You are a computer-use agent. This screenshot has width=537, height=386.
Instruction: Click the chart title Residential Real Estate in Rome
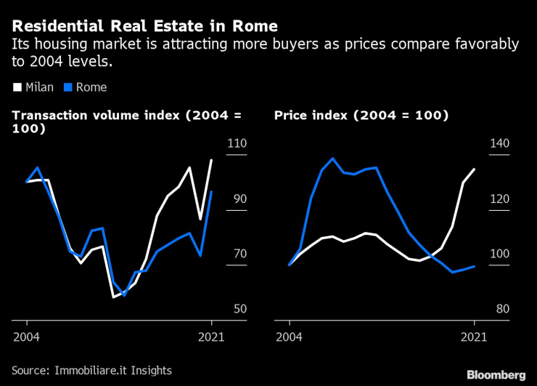(144, 26)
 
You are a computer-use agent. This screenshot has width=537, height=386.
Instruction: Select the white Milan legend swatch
(17, 88)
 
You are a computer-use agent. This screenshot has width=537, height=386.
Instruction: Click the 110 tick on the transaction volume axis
(237, 144)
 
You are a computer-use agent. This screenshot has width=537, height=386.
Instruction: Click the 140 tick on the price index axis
(500, 144)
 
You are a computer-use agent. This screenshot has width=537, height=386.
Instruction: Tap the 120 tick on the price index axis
(500, 199)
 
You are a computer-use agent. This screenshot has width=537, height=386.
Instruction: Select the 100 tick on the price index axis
(500, 254)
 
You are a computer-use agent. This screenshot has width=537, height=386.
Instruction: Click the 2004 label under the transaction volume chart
(26, 337)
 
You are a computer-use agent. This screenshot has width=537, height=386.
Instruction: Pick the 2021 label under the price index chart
(474, 337)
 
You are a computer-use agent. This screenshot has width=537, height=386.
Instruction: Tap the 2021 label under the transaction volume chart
(211, 337)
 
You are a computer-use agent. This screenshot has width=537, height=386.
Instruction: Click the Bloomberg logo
(496, 374)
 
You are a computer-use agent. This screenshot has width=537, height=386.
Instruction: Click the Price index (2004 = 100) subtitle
(361, 116)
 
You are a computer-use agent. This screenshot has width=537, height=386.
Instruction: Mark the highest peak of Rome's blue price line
(332, 158)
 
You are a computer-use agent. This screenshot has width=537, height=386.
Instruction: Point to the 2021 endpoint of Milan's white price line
(474, 169)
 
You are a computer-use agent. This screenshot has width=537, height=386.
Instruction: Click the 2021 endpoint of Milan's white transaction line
(211, 160)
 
